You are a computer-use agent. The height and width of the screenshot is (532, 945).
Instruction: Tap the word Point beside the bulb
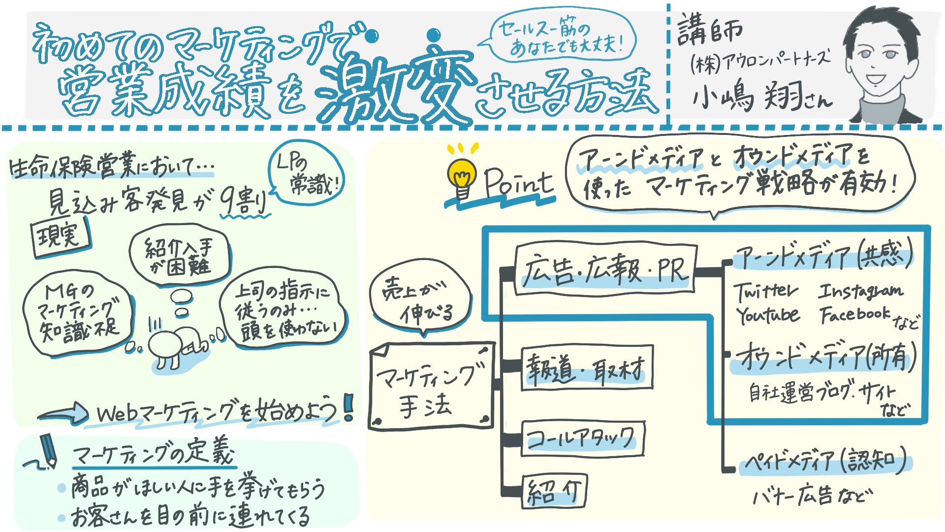(x=518, y=183)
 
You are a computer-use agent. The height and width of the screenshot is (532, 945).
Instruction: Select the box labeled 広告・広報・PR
(x=605, y=269)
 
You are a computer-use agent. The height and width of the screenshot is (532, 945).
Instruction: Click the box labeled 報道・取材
(x=586, y=368)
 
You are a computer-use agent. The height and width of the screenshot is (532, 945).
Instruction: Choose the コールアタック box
(x=582, y=438)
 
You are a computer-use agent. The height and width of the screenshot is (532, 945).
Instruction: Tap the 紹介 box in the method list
(x=554, y=491)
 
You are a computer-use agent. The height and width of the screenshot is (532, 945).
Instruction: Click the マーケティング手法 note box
(x=430, y=387)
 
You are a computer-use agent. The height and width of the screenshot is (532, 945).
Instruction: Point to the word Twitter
(x=765, y=291)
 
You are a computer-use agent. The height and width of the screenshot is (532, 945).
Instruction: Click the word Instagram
(x=860, y=291)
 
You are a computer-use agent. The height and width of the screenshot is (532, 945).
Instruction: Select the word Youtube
(x=767, y=315)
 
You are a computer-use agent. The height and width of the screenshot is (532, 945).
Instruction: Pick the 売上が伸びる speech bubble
(x=419, y=301)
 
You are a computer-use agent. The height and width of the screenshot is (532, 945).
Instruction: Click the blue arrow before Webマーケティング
(x=64, y=414)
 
